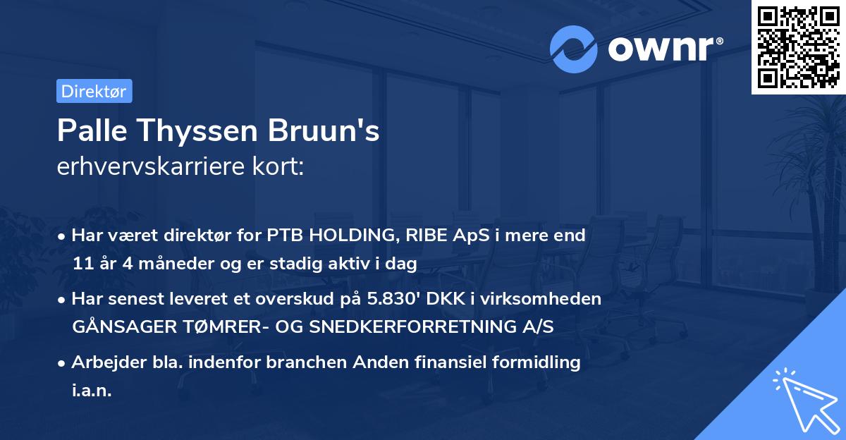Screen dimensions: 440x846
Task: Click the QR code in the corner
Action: pos(799,47)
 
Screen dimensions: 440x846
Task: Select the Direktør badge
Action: pos(94,91)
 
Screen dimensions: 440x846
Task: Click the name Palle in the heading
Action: pos(87,132)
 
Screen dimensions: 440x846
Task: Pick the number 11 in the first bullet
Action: pos(81,264)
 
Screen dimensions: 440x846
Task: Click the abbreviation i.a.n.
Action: pos(92,391)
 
